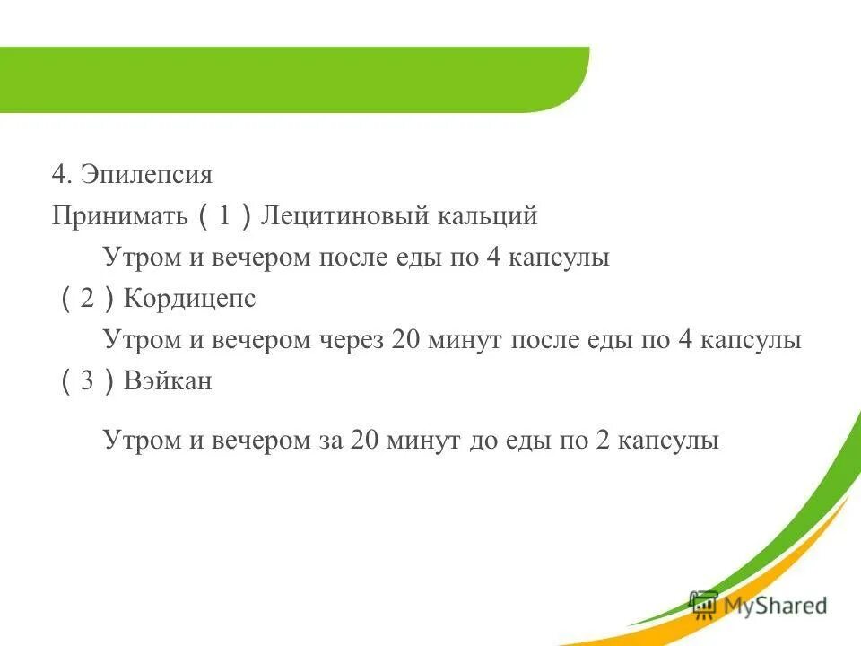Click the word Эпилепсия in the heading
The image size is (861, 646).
point(146,174)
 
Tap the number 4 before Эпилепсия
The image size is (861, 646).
point(59,174)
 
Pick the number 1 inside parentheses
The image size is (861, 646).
point(225,216)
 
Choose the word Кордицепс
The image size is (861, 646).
point(190,299)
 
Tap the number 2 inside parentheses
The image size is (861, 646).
point(87,299)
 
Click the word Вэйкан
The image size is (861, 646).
point(169,381)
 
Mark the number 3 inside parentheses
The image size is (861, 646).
point(87,381)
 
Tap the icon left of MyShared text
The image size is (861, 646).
point(703,603)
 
